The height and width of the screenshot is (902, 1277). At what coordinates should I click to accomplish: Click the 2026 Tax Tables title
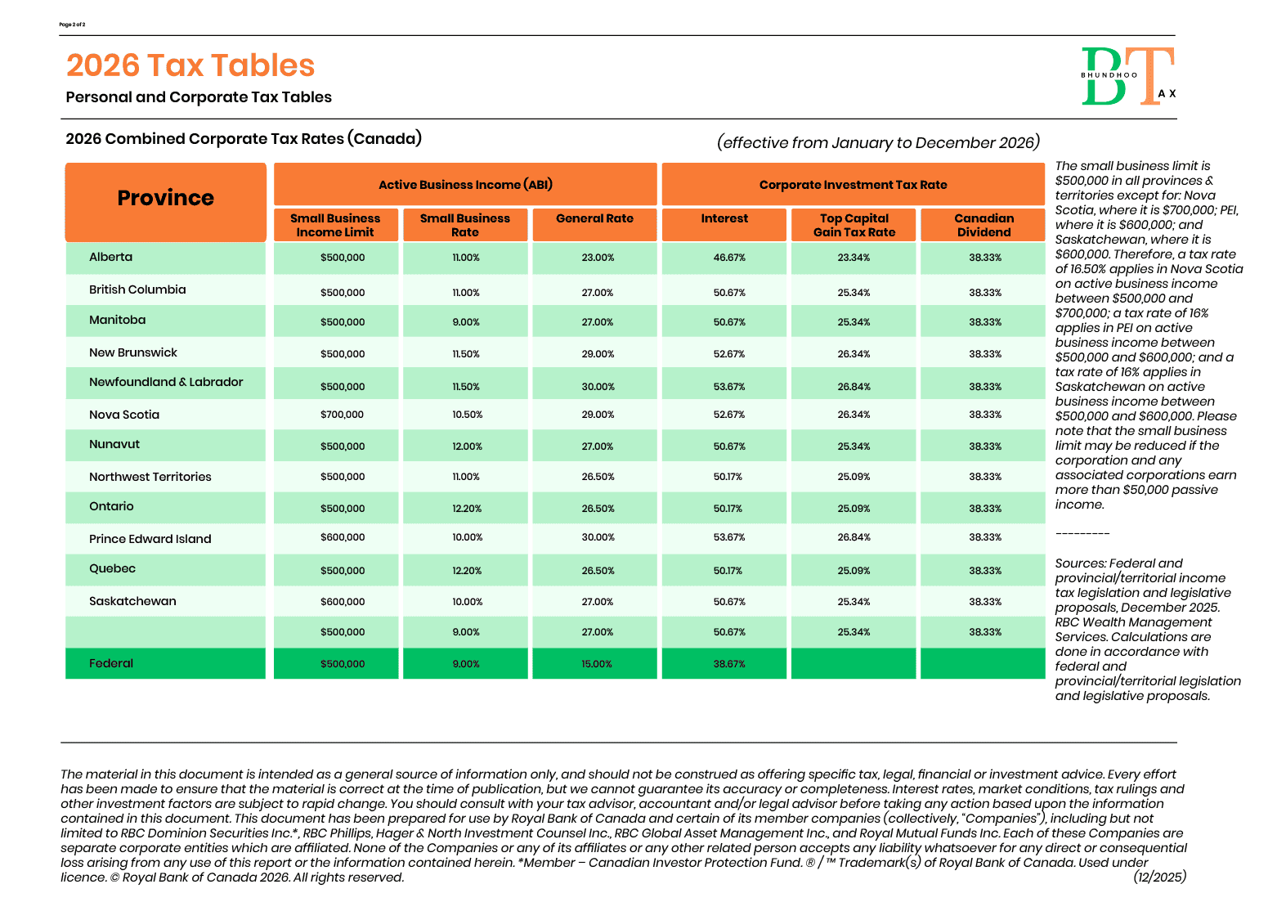pos(190,65)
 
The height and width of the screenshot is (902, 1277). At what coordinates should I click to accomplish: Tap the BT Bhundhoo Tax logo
pos(1128,77)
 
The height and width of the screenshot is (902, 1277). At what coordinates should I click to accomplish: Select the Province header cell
pos(165,199)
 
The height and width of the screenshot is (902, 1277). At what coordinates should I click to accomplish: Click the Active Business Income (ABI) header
pos(465,185)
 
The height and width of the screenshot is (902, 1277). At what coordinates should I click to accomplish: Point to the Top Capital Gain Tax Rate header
pos(854,225)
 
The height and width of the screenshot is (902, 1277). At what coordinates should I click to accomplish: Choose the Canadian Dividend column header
pos(984,225)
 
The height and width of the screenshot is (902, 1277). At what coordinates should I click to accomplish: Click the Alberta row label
pos(111,257)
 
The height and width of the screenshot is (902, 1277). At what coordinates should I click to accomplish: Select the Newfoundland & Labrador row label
pos(166,382)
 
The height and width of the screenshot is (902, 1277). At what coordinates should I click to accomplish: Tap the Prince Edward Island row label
pos(150,539)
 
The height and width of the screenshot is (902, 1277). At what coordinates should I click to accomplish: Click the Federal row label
pos(111,663)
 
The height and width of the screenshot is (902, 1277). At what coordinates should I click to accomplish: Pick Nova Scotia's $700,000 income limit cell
pos(342,415)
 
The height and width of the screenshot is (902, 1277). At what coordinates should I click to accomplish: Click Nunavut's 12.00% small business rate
pos(467,447)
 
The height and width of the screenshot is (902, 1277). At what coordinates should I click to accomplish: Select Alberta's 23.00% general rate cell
pos(598,258)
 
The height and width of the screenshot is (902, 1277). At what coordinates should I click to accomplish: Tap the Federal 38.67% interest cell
pos(729,664)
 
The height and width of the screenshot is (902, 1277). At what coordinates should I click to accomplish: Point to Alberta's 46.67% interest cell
pos(729,258)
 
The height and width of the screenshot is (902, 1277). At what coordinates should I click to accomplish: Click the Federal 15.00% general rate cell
pos(597,664)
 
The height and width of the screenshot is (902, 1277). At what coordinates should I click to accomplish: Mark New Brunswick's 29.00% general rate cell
pos(598,354)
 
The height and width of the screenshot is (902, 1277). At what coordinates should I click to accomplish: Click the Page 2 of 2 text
pos(72,25)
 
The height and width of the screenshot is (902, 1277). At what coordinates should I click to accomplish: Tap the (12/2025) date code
pos(1159,877)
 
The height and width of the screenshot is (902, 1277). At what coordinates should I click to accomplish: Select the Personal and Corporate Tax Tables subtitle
pos(199,97)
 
